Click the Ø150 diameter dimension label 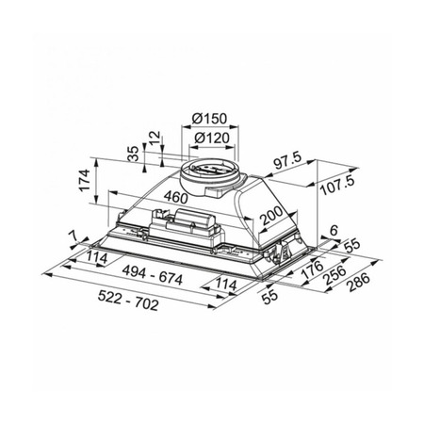pos(209,119)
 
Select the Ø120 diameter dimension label pos(212,138)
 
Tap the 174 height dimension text pos(84,180)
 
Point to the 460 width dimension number pos(175,197)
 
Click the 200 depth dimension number pos(272,216)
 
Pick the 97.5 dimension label pos(287,160)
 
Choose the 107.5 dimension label pos(337,186)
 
